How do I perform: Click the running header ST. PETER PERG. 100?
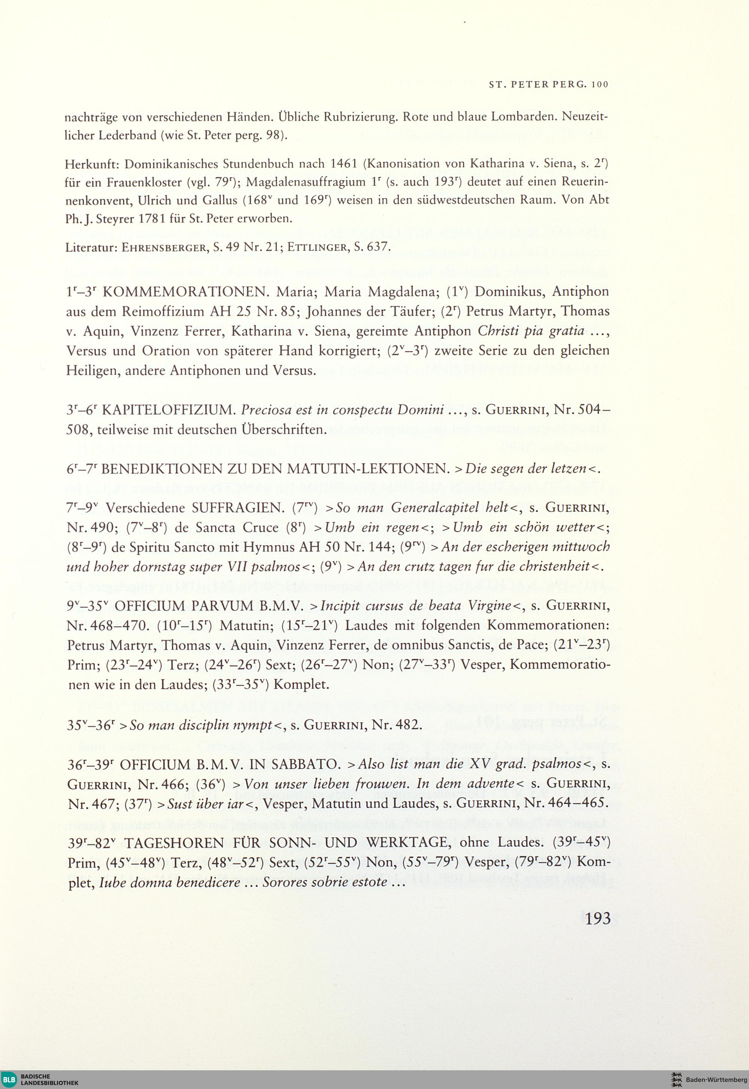point(548,85)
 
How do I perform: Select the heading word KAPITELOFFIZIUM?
point(169,410)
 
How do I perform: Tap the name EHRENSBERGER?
point(159,247)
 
